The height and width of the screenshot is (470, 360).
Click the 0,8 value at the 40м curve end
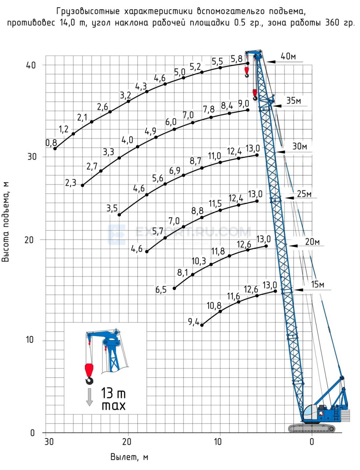(x=51, y=143)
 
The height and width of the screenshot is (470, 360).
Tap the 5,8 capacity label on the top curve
(x=236, y=59)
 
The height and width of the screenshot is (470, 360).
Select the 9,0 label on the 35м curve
(x=244, y=104)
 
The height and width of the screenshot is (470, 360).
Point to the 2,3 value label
(x=70, y=183)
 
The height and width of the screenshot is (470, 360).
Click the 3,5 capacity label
(x=112, y=208)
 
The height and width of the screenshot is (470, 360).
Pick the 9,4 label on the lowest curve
(x=193, y=322)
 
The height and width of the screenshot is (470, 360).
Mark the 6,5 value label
(x=161, y=290)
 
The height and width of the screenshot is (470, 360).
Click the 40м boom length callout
(x=288, y=56)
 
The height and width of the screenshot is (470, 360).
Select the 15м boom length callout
(x=318, y=284)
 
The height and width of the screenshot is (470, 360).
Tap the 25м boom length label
(x=304, y=194)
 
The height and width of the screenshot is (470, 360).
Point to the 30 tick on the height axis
(x=32, y=157)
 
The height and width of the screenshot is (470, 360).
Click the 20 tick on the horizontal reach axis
(x=127, y=442)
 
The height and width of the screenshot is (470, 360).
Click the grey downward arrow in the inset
(x=89, y=397)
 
